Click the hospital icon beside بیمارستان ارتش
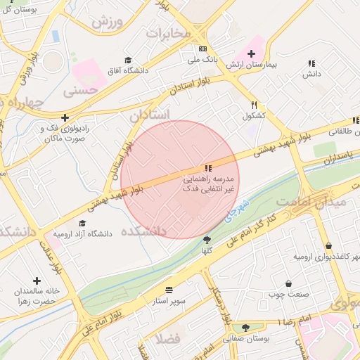(251, 53)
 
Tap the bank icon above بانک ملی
(202, 49)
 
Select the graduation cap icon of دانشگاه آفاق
(128, 60)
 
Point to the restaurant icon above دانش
(311, 63)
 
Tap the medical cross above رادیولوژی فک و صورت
(65, 117)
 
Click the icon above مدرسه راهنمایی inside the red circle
(207, 168)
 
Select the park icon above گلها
(207, 240)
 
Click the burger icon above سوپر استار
(169, 290)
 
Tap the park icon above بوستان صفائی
(245, 328)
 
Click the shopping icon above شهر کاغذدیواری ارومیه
(329, 245)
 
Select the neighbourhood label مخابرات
(169, 32)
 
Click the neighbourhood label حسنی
(79, 91)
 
